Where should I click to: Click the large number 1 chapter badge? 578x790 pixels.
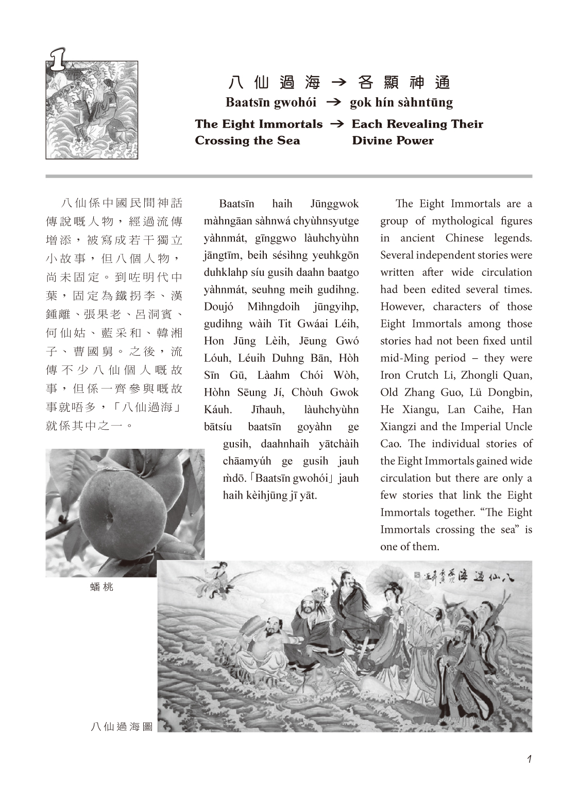pyautogui.click(x=57, y=60)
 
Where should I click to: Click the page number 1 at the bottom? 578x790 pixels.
pyautogui.click(x=529, y=759)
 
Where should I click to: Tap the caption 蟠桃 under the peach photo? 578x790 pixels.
pyautogui.click(x=101, y=587)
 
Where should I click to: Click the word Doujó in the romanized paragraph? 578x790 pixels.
pyautogui.click(x=218, y=307)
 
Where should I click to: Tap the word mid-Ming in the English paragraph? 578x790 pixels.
pyautogui.click(x=403, y=358)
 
